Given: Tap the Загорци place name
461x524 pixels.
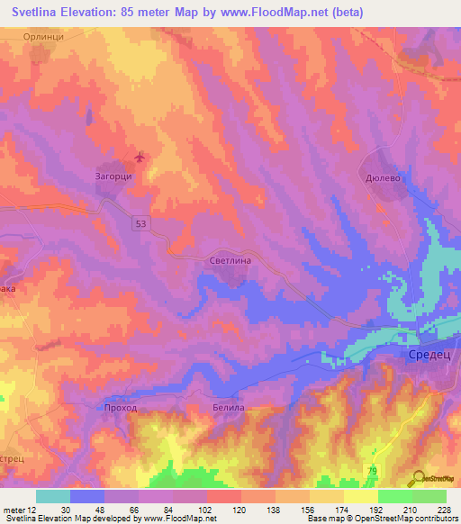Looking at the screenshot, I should [114, 176].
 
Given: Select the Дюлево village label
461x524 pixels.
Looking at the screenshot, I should [382, 178].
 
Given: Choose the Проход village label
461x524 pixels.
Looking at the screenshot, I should [120, 408].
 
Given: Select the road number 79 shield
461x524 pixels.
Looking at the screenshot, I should [373, 471].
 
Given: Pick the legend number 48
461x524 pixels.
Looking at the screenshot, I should [88, 510].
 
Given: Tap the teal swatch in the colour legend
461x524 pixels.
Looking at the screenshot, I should [53, 496].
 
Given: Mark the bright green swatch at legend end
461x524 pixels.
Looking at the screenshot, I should [429, 496].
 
